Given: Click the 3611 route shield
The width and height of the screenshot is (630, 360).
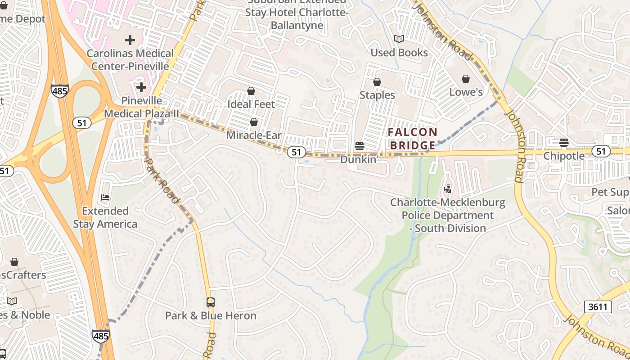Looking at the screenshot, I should click(598, 307).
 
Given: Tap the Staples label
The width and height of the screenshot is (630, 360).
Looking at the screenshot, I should click(377, 95).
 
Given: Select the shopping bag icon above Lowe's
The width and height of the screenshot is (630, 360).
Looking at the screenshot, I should click(466, 79).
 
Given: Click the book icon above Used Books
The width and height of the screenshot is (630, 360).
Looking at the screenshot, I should click(399, 39).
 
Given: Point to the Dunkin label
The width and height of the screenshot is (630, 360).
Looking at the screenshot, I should click(358, 159).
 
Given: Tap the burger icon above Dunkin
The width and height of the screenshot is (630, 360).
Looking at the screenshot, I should click(359, 146).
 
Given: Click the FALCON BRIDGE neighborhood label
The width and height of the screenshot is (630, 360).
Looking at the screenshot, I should click(413, 139).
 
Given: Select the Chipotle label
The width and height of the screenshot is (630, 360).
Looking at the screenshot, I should click(564, 156).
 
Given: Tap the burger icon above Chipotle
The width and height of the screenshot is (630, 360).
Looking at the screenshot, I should click(564, 143).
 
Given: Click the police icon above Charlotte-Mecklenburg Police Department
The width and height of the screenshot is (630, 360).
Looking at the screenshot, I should click(447, 189).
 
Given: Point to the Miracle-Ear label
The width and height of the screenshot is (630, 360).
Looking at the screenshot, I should click(254, 135).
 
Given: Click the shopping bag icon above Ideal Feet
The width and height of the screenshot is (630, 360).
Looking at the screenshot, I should click(251, 91).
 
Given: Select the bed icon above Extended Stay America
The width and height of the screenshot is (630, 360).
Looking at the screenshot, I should click(105, 197).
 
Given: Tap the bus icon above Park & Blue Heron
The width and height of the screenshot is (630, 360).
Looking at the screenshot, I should click(210, 302).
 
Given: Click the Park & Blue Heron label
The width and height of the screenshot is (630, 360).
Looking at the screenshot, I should click(211, 315).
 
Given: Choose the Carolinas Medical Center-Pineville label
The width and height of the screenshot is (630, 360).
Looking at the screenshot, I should click(130, 60).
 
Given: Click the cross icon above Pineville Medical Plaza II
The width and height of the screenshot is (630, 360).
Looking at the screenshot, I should click(141, 87).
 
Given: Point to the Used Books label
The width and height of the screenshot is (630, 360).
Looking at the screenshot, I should click(399, 53).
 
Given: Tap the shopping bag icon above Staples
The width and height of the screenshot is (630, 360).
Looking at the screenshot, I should click(377, 82).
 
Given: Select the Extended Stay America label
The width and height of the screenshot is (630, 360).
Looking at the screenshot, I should click(105, 217).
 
